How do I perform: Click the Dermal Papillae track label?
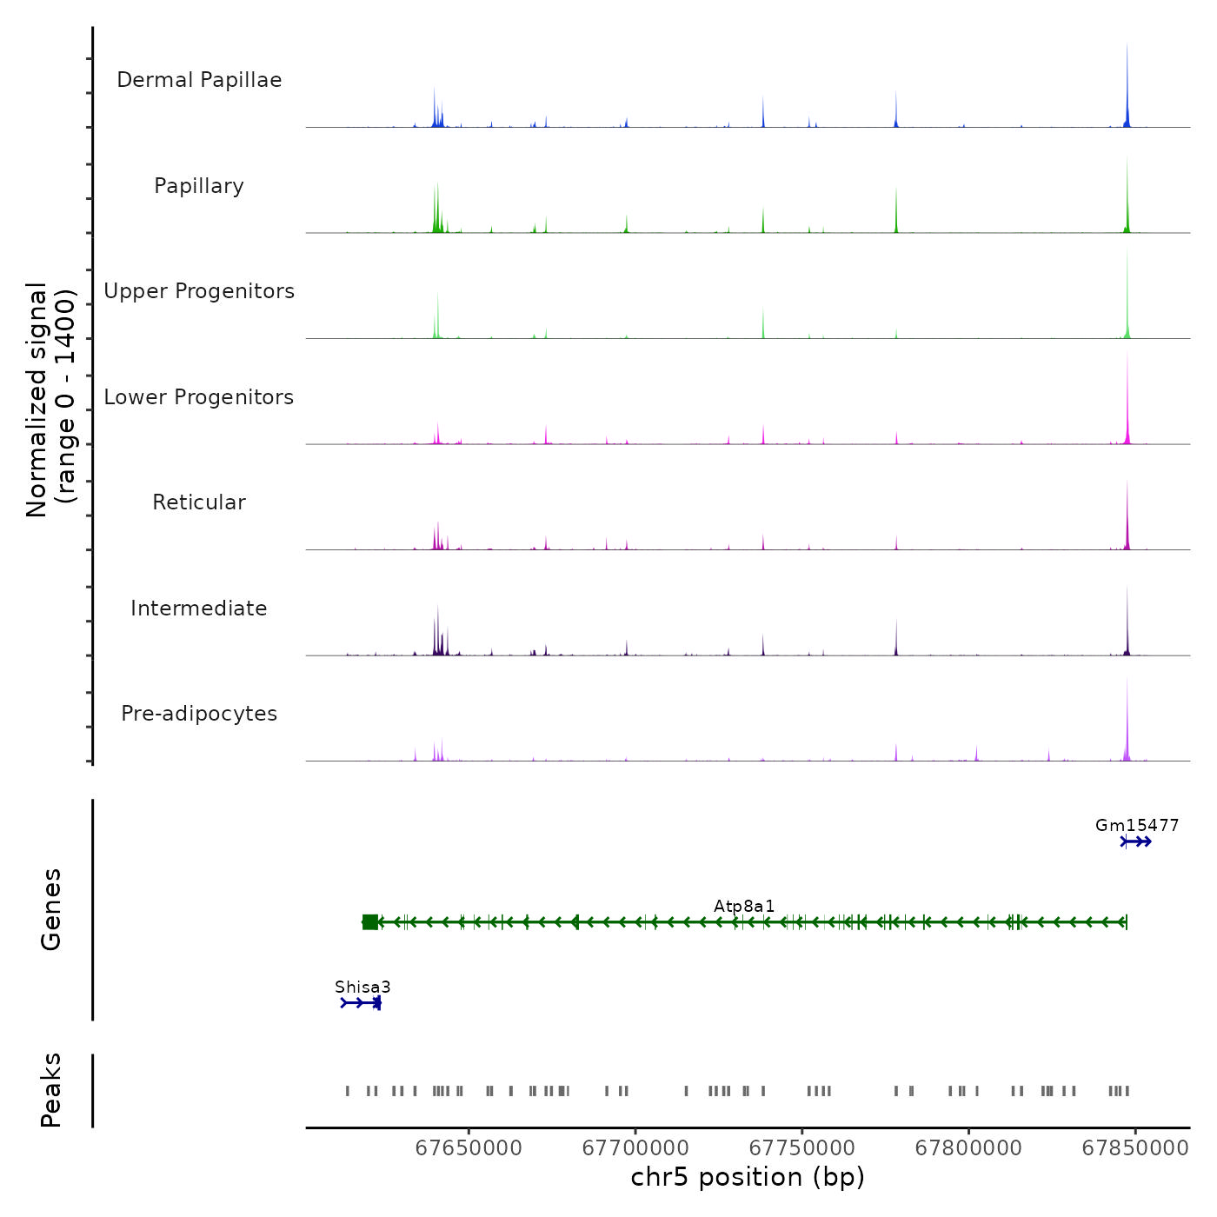point(199,80)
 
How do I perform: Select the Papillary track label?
point(199,186)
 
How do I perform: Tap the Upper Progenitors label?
point(199,291)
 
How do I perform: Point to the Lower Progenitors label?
point(199,397)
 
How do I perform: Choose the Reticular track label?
point(199,502)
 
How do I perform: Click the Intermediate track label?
point(199,608)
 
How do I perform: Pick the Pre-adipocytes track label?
point(199,714)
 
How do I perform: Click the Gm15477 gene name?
point(1137,826)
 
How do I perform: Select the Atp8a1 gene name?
point(744,907)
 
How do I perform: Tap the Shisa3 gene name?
point(362,988)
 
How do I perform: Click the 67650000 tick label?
point(469,1148)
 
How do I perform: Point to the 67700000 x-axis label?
point(635,1148)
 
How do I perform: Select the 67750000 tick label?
point(802,1148)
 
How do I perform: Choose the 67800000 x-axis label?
point(968,1148)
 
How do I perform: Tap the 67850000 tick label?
point(1135,1148)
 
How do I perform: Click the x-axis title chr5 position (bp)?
point(748,1178)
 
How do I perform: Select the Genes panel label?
point(51,909)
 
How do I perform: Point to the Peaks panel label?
point(51,1090)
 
